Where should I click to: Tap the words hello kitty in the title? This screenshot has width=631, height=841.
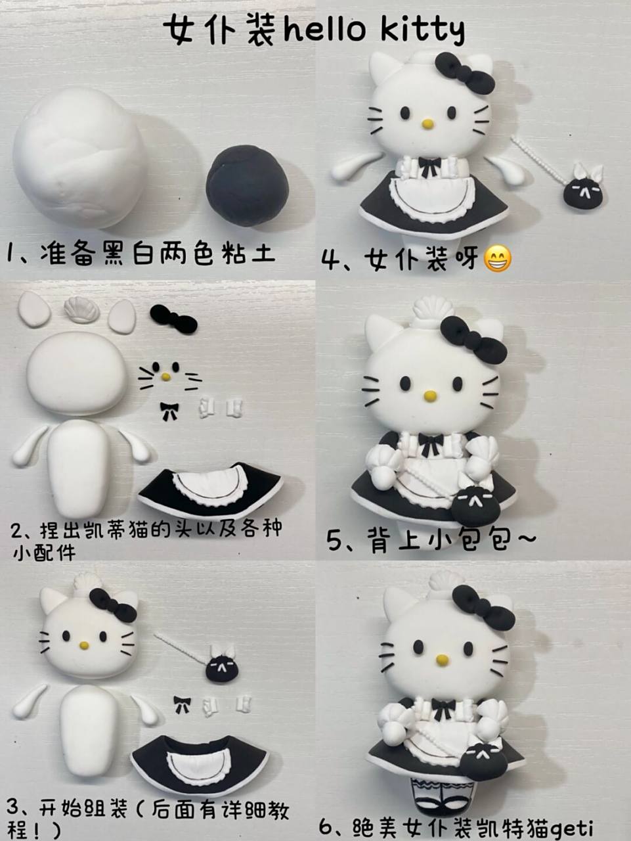(x=374, y=30)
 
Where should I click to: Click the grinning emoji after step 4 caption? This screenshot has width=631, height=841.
(x=498, y=260)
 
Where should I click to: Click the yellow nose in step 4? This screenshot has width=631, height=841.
(x=427, y=123)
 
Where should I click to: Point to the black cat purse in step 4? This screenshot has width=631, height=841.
(x=582, y=192)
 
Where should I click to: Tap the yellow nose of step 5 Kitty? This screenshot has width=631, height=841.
(x=430, y=396)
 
